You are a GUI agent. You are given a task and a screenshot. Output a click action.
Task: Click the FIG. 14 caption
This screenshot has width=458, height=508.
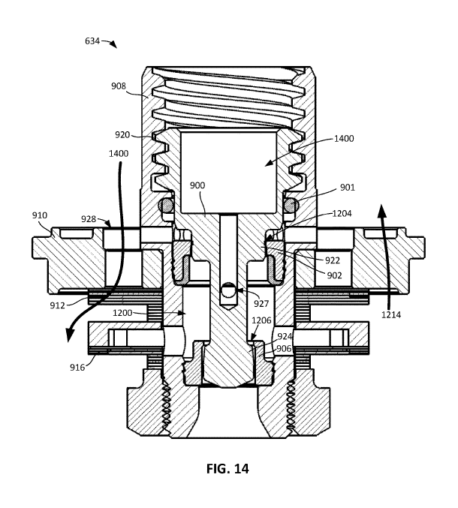coord(227,468)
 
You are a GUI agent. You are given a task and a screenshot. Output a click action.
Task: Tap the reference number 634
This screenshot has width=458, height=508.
coord(92,41)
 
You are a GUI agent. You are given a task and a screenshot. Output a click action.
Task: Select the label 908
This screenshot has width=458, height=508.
coord(119,86)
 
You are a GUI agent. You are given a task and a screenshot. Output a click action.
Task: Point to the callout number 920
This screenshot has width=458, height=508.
coord(122,135)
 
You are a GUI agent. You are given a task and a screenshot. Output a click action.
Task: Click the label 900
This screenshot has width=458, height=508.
coord(197,185)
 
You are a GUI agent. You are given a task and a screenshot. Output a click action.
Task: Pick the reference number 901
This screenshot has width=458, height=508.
coord(348,188)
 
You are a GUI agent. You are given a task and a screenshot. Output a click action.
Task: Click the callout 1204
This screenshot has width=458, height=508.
coord(342,214)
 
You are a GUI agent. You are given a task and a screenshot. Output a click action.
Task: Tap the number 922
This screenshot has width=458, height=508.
coord(332,260)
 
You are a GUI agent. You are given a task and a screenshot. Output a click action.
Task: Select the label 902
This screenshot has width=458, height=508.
coord(334,275)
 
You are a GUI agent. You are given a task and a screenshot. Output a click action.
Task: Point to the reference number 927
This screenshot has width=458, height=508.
coord(261,304)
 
